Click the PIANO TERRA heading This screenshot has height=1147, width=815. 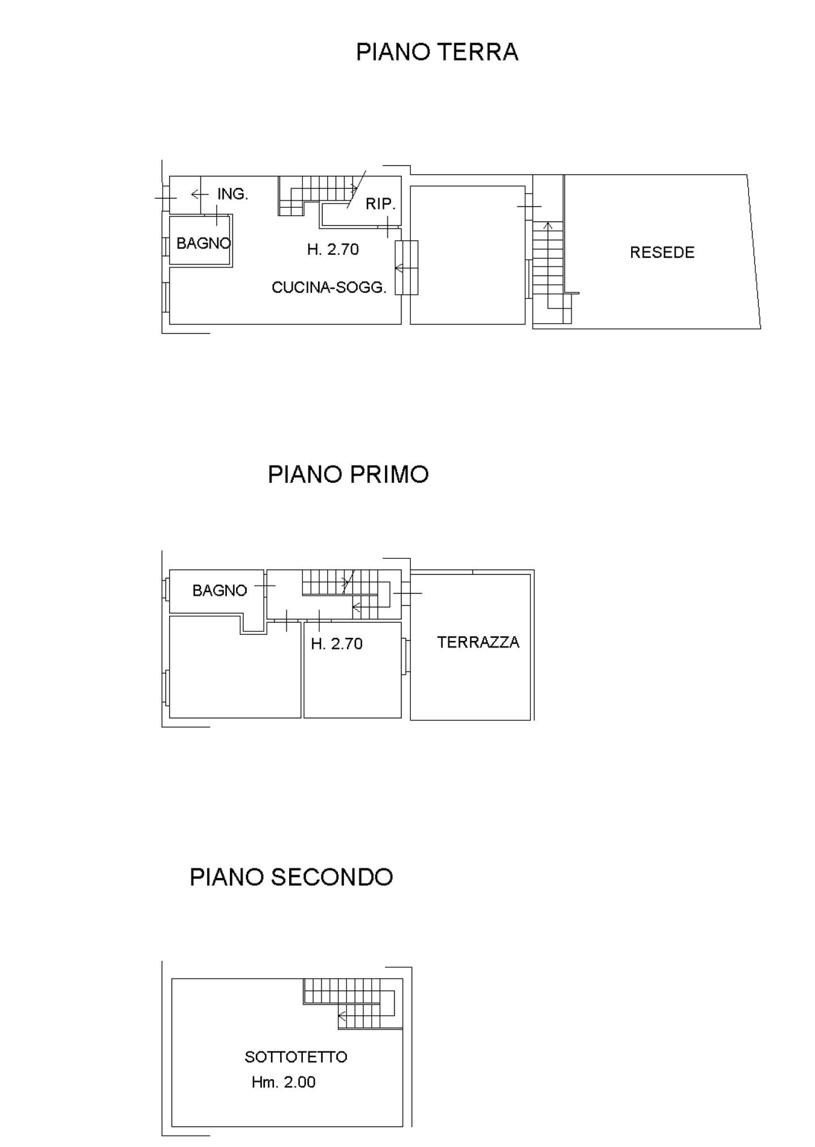[x=437, y=52]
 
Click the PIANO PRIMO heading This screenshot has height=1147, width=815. [x=348, y=474]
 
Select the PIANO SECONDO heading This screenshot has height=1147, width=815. [x=291, y=877]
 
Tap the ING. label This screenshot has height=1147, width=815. [x=233, y=194]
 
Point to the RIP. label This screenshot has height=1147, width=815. [x=380, y=204]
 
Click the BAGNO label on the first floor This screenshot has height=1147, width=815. [x=220, y=590]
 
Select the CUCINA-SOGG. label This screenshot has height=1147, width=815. [x=329, y=288]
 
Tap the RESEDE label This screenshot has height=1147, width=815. [x=662, y=252]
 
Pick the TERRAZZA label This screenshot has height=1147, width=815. [x=478, y=642]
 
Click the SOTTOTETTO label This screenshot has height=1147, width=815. [x=296, y=1057]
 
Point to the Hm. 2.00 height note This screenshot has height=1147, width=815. [x=284, y=1082]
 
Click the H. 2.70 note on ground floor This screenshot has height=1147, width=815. [x=333, y=250]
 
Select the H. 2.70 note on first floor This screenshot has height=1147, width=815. [x=337, y=644]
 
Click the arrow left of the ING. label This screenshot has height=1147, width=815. [x=200, y=195]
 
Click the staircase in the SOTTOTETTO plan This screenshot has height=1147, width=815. [x=353, y=1003]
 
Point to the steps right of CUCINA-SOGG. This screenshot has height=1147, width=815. [x=406, y=268]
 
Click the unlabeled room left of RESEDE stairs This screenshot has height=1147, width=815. [x=467, y=255]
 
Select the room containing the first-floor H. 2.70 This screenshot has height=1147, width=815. [x=353, y=670]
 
